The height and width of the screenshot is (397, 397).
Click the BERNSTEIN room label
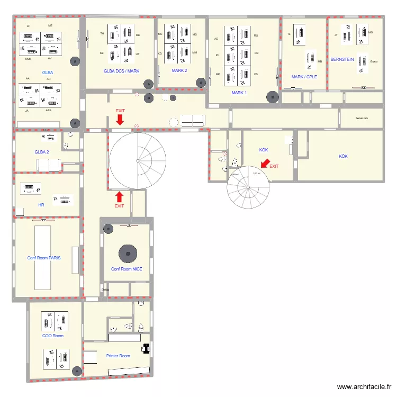point(342,60)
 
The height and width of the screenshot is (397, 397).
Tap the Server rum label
point(362,119)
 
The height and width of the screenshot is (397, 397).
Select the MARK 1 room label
point(239,93)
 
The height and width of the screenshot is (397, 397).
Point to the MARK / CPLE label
point(304,77)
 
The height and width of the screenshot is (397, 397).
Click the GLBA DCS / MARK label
point(121,70)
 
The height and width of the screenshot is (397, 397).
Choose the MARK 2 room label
point(179,70)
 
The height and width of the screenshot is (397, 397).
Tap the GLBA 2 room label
point(42,152)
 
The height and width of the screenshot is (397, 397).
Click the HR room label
point(41,204)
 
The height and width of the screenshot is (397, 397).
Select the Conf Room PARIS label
point(44,258)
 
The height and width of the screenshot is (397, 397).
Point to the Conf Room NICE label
point(127,269)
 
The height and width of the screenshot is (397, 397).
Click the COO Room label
point(53,336)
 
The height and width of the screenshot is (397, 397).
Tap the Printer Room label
point(118,356)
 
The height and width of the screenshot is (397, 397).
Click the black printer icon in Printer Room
point(146,348)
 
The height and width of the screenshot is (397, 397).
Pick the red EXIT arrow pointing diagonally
point(265,163)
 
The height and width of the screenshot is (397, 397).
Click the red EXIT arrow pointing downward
point(120,121)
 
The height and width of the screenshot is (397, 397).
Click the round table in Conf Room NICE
point(127,253)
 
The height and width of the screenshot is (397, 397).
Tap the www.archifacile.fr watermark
point(365,387)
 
